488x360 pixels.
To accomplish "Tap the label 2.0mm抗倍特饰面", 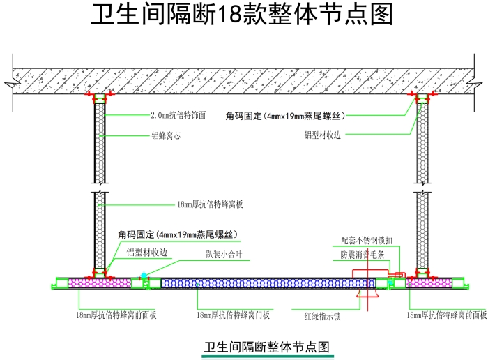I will pos(178,116).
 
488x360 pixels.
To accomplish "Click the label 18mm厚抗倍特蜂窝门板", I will pos(233,315).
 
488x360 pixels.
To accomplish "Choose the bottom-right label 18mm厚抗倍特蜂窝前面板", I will pos(447,315).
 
